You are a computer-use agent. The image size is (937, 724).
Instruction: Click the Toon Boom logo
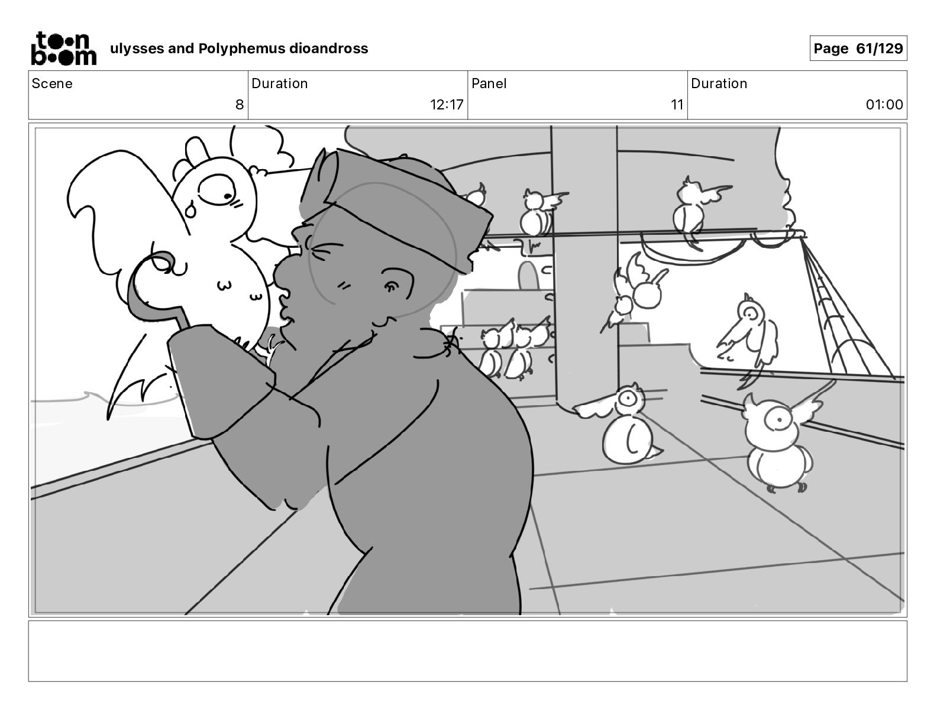tap(64, 49)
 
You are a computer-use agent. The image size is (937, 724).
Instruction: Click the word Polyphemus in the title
tap(241, 49)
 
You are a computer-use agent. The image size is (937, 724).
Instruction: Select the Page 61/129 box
tap(858, 49)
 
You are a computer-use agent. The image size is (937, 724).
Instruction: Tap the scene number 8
tap(240, 104)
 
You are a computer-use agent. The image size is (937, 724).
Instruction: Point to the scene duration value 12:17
tap(446, 104)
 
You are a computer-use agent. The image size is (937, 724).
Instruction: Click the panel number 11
tap(677, 104)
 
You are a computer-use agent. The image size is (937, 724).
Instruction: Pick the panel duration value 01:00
tap(884, 104)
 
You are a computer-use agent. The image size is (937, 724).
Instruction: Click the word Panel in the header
tap(489, 83)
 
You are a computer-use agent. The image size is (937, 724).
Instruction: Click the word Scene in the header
tap(51, 83)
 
